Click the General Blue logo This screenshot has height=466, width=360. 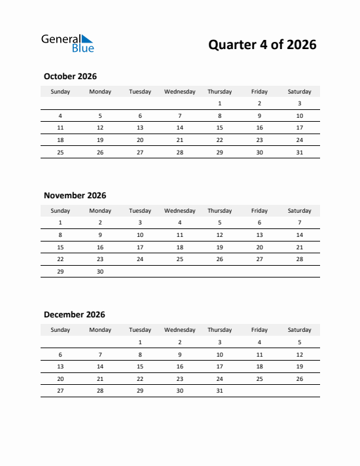(x=67, y=43)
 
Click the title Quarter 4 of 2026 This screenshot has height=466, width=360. (x=262, y=45)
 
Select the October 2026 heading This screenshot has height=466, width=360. (x=70, y=77)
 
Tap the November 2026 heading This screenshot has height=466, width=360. (x=75, y=196)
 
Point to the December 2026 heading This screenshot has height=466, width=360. (x=74, y=315)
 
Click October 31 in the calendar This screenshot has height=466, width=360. (x=299, y=152)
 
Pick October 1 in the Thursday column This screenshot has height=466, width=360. (x=219, y=103)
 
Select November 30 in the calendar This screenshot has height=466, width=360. (x=100, y=272)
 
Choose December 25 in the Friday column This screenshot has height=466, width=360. (x=259, y=378)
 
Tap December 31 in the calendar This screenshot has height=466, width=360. (x=219, y=391)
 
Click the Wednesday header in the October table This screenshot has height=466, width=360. (x=179, y=92)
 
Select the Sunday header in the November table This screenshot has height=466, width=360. (x=60, y=211)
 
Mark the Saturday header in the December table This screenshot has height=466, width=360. (x=299, y=330)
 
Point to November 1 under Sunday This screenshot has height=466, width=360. (x=60, y=223)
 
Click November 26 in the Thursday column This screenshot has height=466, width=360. (x=219, y=259)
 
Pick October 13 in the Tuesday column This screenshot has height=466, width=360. (x=140, y=128)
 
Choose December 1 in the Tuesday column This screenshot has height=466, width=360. (x=140, y=342)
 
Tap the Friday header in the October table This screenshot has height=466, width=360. (x=259, y=92)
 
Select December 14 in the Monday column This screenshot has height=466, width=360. (x=100, y=367)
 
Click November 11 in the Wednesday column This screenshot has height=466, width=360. (x=179, y=235)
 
